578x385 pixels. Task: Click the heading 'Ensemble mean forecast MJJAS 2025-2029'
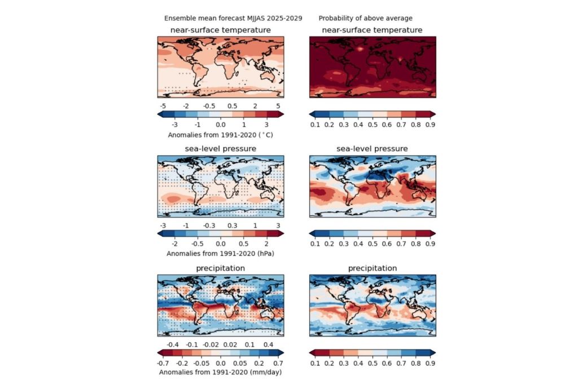(233, 18)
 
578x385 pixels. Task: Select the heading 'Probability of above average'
(365, 18)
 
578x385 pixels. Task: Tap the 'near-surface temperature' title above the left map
(220, 29)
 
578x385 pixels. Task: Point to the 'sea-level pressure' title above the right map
(372, 148)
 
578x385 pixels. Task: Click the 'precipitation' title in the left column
(220, 268)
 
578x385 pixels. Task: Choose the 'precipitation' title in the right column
(372, 268)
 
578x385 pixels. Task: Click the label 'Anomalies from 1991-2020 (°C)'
(220, 135)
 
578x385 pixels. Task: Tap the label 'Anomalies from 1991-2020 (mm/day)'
(220, 372)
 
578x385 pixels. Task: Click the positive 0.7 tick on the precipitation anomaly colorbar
(277, 363)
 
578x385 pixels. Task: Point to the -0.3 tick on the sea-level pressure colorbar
(208, 225)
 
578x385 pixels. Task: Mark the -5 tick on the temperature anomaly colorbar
(163, 106)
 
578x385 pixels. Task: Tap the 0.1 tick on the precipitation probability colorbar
(315, 363)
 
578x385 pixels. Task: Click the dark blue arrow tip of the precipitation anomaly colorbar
(281, 353)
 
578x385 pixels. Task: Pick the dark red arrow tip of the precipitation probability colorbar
(312, 353)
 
